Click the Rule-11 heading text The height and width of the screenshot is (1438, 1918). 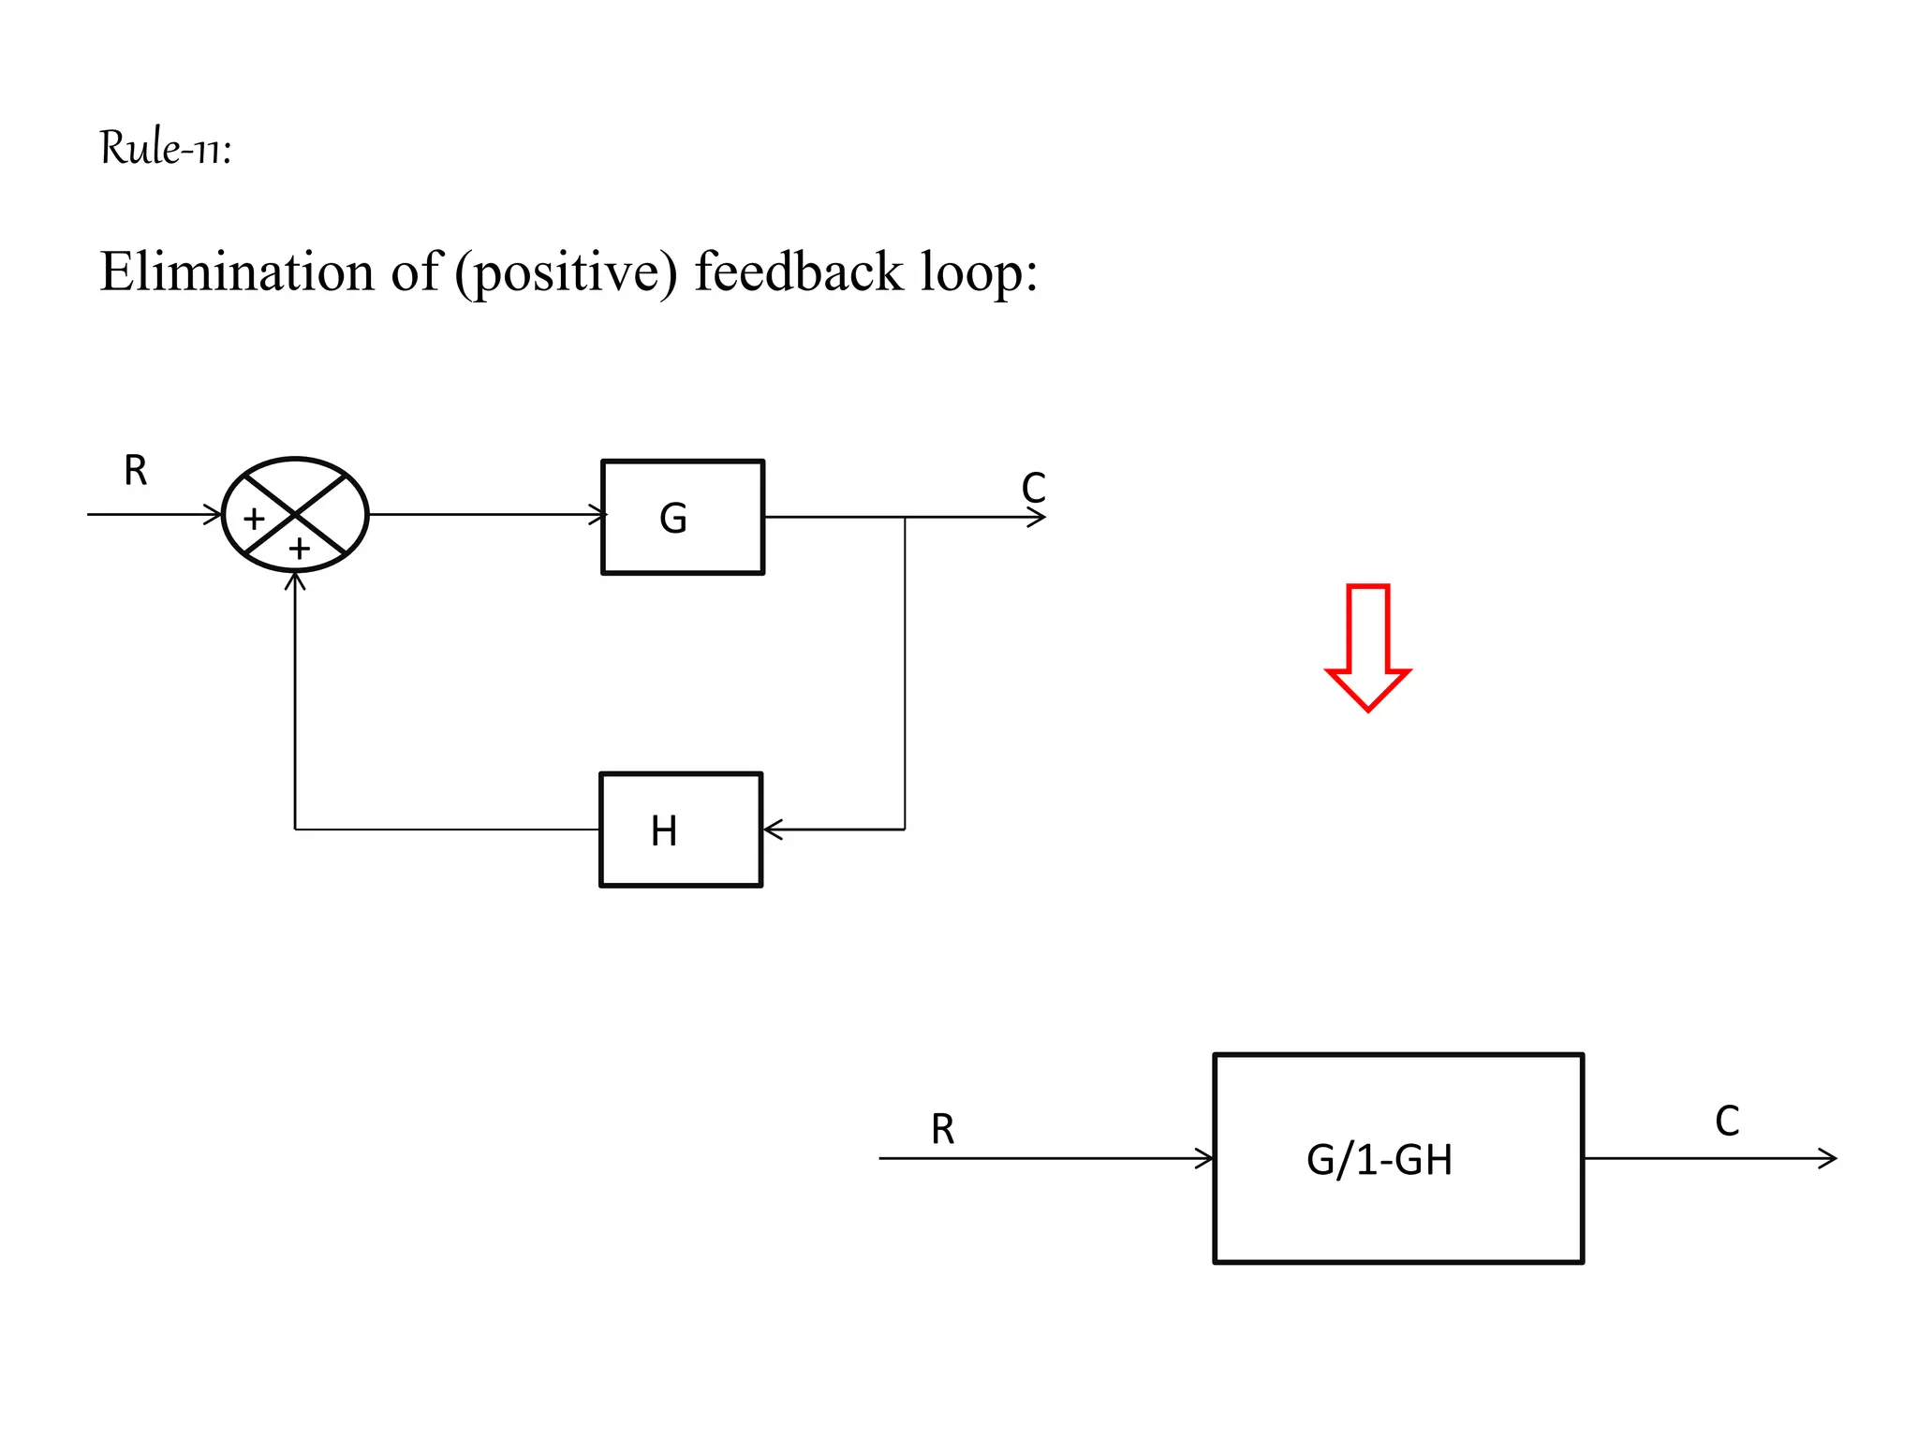(165, 148)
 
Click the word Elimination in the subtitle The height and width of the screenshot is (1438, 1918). (236, 272)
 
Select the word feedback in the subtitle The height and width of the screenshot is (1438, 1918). (798, 272)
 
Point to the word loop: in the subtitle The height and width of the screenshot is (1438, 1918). (979, 272)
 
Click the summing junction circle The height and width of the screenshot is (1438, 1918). (295, 514)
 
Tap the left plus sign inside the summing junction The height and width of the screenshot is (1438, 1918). (254, 519)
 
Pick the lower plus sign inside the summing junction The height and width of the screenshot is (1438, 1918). (299, 549)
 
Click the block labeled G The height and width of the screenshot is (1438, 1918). (682, 517)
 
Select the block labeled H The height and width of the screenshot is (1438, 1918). (680, 829)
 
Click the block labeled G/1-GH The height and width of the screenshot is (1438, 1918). (1397, 1159)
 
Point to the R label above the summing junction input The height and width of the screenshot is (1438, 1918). (136, 471)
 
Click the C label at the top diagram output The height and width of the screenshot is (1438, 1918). (1033, 488)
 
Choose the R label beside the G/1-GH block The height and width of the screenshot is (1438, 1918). (942, 1130)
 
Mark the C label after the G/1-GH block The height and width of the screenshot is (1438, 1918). (1727, 1122)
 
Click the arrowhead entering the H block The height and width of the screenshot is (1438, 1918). (772, 829)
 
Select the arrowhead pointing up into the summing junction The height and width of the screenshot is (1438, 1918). (295, 580)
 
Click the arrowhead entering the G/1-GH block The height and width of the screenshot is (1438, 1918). (1204, 1159)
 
